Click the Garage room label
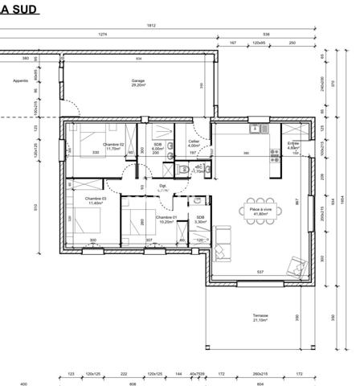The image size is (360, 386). tap(138, 82)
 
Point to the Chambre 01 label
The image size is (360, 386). tap(166, 217)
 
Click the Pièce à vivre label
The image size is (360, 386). tap(259, 211)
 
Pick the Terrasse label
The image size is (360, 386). tap(260, 316)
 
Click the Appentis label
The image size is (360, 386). tap(21, 81)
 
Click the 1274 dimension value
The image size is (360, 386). tap(103, 35)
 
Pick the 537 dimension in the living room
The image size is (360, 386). tap(259, 271)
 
